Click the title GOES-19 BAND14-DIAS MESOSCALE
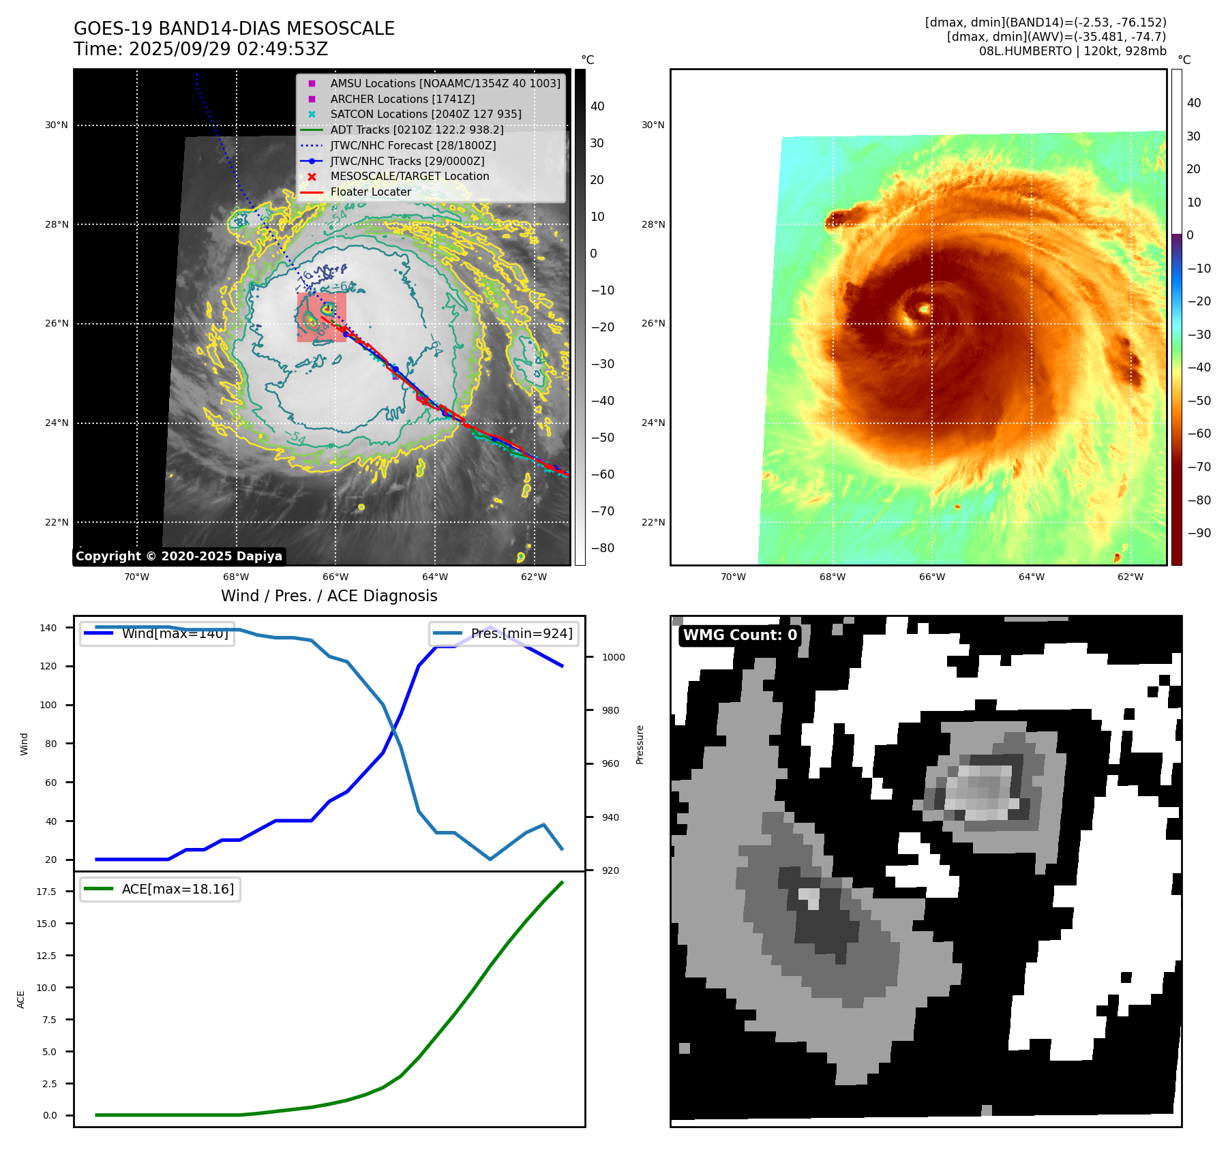point(234,29)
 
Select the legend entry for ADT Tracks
point(417,130)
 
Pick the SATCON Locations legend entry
point(425,114)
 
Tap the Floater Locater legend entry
point(370,192)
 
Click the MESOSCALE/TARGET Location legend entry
point(409,176)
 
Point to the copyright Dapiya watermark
point(179,556)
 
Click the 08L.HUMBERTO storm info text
point(1072,51)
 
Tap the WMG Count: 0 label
point(740,635)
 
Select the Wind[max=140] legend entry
point(175,634)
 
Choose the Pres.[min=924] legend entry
point(521,634)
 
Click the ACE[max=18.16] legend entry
point(177,889)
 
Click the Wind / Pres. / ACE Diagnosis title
point(329,596)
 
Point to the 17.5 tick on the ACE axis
point(46,892)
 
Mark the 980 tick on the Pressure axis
point(610,710)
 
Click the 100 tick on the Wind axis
point(48,705)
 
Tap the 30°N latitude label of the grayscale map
point(57,125)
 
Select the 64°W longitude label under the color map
point(1031,577)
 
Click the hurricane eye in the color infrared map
point(925,309)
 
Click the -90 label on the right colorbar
point(1199,533)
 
